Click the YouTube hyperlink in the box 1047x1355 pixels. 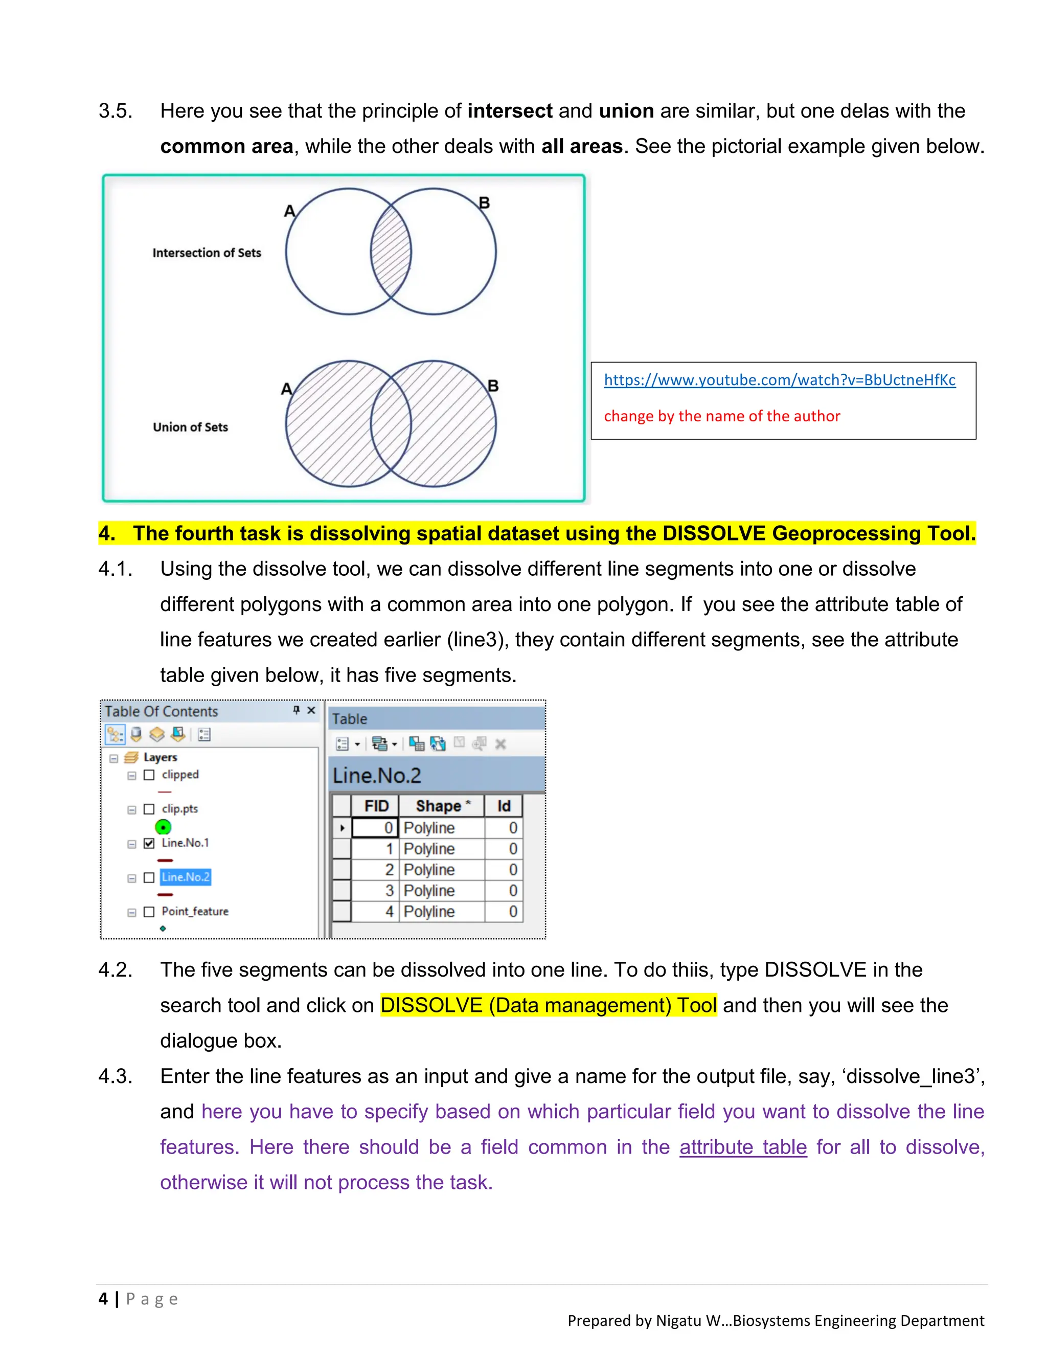tap(779, 380)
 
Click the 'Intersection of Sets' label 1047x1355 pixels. tap(207, 253)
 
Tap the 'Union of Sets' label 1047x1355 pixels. tap(190, 427)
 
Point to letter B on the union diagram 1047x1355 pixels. tap(493, 386)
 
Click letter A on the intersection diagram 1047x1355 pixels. tap(289, 212)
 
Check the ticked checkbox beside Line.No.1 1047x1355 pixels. tap(149, 843)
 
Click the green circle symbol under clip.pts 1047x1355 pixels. tap(163, 827)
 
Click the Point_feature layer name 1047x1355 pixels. tap(195, 911)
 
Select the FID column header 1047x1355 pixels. tap(376, 806)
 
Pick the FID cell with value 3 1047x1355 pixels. tap(374, 891)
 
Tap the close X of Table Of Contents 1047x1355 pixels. tap(311, 710)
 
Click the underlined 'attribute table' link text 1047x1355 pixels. tap(742, 1147)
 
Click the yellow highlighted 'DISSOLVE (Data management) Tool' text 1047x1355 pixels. tap(549, 1005)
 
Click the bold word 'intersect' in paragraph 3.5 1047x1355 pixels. tap(509, 111)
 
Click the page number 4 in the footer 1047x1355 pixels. tap(103, 1299)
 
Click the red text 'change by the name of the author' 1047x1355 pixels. tap(721, 416)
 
